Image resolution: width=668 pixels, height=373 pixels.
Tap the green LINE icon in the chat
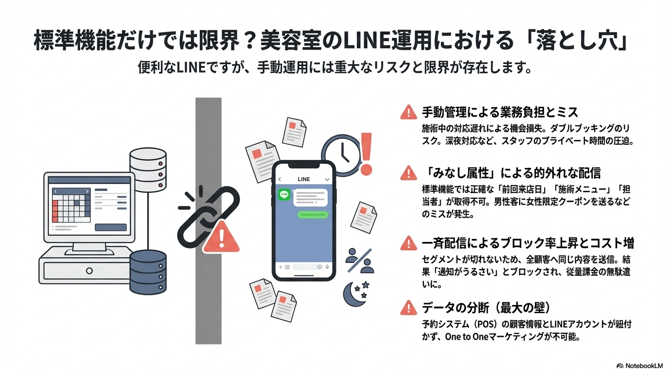[x=284, y=195]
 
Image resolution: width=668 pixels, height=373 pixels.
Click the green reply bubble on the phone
[x=312, y=214]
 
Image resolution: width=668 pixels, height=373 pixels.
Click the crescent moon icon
[x=354, y=294]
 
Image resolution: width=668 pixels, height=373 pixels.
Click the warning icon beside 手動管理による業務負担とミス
[x=409, y=113]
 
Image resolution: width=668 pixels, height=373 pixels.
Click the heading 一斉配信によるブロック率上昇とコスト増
[x=528, y=243]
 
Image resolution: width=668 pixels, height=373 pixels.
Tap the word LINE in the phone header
[x=303, y=179]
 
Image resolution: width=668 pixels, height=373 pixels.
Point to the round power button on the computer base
[x=89, y=271]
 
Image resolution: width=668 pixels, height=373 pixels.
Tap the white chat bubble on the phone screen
[x=309, y=196]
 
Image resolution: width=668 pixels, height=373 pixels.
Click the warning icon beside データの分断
[x=409, y=307]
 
